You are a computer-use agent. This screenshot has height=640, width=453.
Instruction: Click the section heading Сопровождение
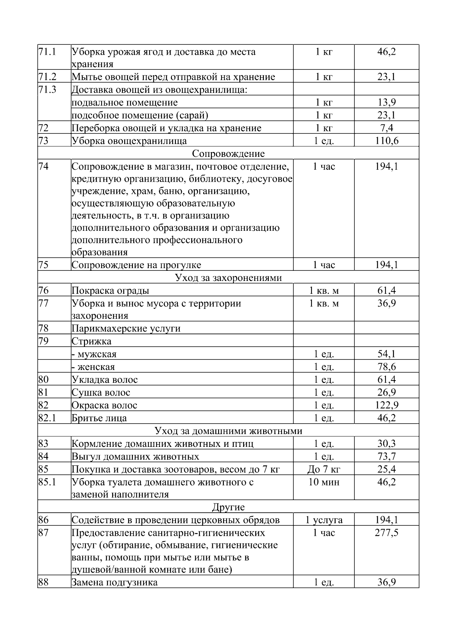tap(228, 153)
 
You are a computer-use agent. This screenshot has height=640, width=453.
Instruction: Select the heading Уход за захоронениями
tap(228, 278)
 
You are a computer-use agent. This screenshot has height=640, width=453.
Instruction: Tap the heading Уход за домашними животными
tap(228, 431)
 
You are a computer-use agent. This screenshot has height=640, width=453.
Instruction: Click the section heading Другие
tap(228, 507)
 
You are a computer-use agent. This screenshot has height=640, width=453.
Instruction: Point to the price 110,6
tap(387, 141)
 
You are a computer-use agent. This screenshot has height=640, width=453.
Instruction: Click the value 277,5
tap(387, 533)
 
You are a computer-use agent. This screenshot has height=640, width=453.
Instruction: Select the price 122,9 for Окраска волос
tap(387, 405)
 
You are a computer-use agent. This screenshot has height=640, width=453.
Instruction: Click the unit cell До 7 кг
tap(324, 470)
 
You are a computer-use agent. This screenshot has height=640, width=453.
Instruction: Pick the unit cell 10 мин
tap(324, 482)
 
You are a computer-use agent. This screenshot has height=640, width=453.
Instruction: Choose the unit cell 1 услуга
tap(324, 520)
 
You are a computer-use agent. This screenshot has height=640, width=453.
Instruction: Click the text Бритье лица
tap(99, 418)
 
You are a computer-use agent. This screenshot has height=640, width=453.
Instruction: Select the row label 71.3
tap(47, 90)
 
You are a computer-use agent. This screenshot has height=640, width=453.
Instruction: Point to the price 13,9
tap(387, 103)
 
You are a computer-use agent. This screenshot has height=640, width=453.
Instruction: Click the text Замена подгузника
tap(114, 582)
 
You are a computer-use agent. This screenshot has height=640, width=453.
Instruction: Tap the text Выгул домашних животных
tap(135, 457)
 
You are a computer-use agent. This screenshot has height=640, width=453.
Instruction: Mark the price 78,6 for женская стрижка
tap(387, 367)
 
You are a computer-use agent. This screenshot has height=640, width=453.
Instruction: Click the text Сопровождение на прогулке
tap(136, 265)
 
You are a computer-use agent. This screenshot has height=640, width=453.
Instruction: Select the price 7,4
tap(387, 128)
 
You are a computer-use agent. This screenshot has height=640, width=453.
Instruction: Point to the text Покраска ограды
tap(110, 291)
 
